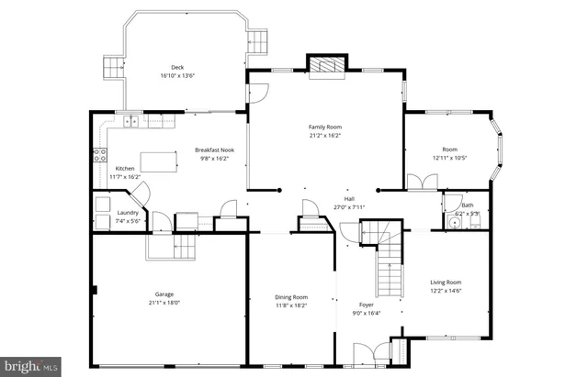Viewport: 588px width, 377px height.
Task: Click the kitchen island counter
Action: [x=157, y=163]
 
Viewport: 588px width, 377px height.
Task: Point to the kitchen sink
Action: [x=131, y=120]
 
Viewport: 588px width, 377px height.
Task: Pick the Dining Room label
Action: [x=292, y=296]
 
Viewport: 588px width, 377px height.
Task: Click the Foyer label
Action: [x=367, y=303]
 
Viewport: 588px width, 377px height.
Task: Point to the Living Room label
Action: [x=446, y=283]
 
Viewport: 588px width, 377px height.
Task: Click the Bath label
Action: [x=468, y=205]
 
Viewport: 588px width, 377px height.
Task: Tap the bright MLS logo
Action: [x=30, y=366]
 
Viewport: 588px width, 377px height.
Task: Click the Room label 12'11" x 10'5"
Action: [x=449, y=150]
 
